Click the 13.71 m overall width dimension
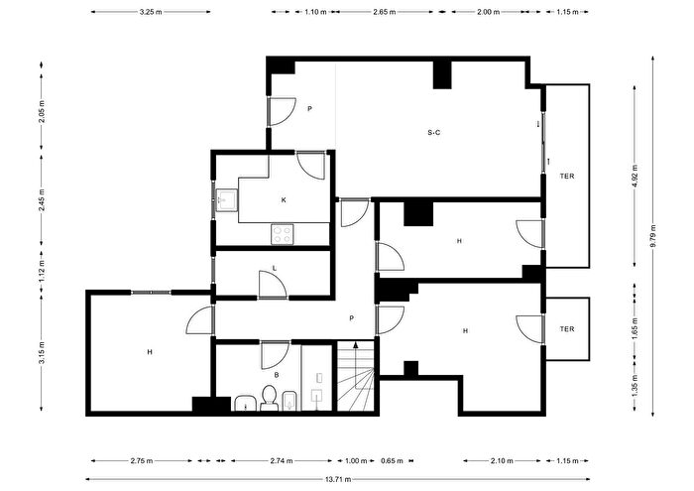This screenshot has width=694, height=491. tap(338, 479)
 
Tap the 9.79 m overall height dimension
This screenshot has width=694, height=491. tap(653, 236)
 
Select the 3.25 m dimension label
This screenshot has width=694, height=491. tap(151, 12)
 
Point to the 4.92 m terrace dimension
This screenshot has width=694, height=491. tap(635, 176)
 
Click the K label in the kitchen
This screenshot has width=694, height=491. tap(284, 200)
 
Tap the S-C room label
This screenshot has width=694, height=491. tap(434, 132)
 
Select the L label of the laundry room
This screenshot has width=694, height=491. tap(275, 268)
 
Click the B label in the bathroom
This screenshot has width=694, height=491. tap(277, 375)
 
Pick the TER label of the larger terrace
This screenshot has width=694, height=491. tap(567, 176)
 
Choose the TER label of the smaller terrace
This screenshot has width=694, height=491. tap(567, 329)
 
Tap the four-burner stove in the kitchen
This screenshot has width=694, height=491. tap(283, 234)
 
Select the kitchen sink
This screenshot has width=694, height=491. tap(227, 200)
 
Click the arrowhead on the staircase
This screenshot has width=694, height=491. tap(355, 345)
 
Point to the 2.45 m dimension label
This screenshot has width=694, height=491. tap(42, 199)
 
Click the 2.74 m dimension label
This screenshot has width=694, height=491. tap(282, 461)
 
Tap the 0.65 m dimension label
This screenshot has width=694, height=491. tap(392, 461)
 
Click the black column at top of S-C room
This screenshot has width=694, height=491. tap(442, 74)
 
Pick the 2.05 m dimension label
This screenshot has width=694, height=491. tap(42, 111)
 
